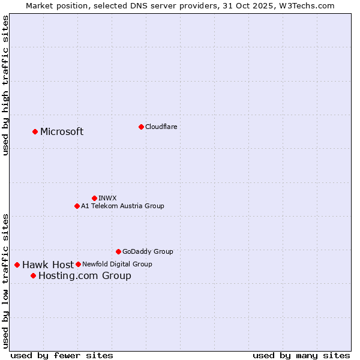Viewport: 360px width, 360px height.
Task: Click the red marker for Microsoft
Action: tap(35, 131)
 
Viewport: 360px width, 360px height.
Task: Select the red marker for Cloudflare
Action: tap(141, 127)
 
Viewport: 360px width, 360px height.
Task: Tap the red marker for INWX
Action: tap(94, 198)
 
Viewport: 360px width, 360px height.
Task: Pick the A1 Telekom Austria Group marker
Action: tap(77, 206)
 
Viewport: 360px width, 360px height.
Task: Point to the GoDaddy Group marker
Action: tap(118, 251)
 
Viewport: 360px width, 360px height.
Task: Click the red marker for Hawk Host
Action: tap(17, 265)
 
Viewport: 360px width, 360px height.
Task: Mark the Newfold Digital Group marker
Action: tap(78, 264)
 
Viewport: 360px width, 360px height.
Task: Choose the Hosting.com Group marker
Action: tap(33, 275)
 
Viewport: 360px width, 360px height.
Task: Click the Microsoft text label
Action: tap(62, 132)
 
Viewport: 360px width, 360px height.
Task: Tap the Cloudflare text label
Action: tap(161, 127)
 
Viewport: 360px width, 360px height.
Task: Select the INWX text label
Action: tap(107, 198)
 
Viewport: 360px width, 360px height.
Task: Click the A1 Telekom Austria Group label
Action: tap(122, 206)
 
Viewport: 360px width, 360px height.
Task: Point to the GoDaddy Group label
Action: tap(148, 251)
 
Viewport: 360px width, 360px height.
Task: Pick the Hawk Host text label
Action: tap(48, 265)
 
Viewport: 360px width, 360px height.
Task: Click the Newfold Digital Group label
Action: tap(117, 264)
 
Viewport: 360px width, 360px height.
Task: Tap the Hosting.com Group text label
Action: tap(85, 276)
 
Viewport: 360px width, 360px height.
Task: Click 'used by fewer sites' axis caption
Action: tap(62, 355)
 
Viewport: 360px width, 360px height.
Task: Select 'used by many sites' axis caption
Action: tap(301, 355)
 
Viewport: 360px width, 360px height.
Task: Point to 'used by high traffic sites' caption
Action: tap(6, 85)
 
